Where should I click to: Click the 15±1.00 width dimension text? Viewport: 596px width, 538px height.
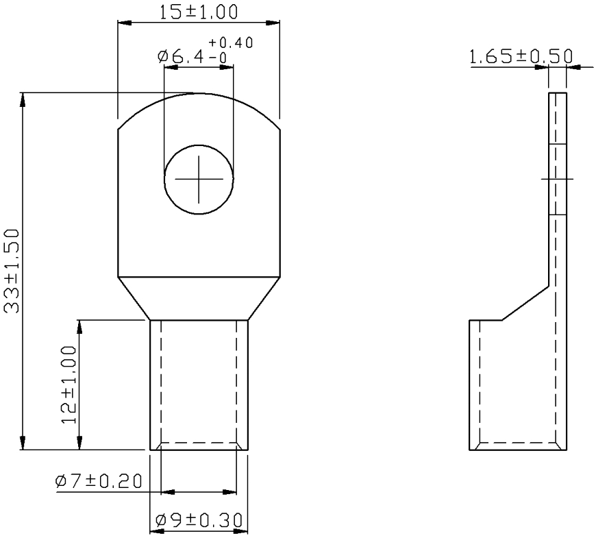pyautogui.click(x=198, y=12)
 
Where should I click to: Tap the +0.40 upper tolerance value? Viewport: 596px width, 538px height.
pyautogui.click(x=230, y=42)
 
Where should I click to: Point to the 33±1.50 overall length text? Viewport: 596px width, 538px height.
pyautogui.click(x=11, y=271)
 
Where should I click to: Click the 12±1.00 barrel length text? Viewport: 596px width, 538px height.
pyautogui.click(x=69, y=384)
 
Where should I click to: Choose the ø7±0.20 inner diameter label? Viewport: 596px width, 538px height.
pyautogui.click(x=99, y=481)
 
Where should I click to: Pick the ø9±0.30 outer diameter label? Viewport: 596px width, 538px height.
pyautogui.click(x=199, y=520)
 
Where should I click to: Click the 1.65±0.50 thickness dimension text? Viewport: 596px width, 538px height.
pyautogui.click(x=521, y=57)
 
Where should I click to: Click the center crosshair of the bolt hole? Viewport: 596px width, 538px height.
pyautogui.click(x=199, y=179)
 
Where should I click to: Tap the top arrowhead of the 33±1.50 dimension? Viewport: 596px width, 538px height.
pyautogui.click(x=23, y=100)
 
